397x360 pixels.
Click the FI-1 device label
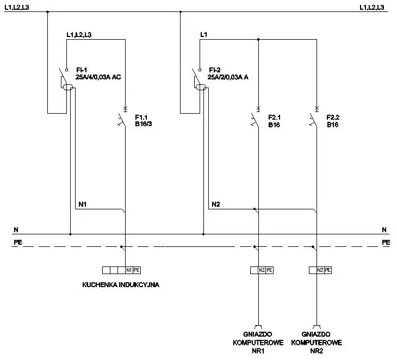82,70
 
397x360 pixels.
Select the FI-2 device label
215,70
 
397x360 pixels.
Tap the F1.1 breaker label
141,117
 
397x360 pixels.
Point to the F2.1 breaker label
275,117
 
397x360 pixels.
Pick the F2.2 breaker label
333,117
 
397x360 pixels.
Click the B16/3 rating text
144,124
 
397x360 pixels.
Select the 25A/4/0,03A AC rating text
98,77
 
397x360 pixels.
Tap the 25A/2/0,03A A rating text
228,77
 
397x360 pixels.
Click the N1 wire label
83,204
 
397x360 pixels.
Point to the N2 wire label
216,204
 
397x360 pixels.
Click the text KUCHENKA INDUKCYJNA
121,284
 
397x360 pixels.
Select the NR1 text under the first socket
258,351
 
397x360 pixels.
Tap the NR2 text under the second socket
317,351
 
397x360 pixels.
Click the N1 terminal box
129,270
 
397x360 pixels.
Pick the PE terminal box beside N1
137,270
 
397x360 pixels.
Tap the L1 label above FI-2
203,34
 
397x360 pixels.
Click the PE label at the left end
18,243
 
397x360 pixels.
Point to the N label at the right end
384,230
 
